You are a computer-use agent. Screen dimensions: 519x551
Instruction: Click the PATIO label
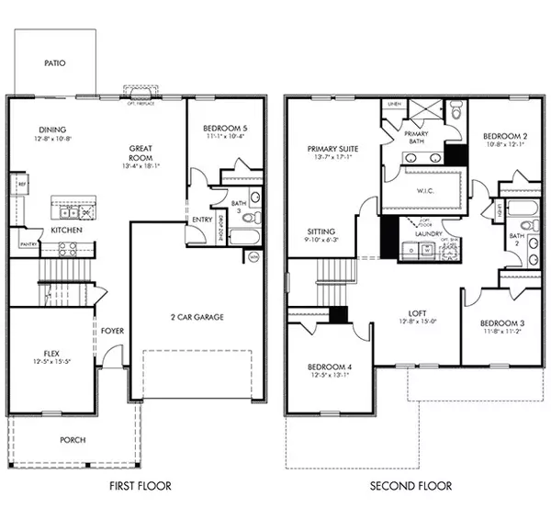(x=54, y=63)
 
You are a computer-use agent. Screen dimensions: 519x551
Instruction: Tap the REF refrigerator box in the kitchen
(x=20, y=185)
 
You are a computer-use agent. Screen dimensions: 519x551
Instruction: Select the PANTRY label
(x=28, y=244)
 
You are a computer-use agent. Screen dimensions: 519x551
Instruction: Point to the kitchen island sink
(x=84, y=212)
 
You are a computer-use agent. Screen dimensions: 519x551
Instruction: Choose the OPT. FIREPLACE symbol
(x=141, y=94)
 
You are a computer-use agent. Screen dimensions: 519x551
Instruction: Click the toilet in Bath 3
(x=255, y=218)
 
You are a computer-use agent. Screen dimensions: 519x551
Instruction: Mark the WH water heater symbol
(x=253, y=257)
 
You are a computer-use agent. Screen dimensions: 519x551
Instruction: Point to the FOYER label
(x=113, y=330)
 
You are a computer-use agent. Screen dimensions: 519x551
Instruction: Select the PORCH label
(x=73, y=440)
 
